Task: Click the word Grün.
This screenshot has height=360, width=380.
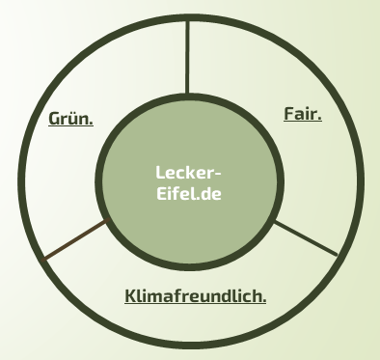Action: point(70,119)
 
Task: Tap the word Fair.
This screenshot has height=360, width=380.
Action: point(303,114)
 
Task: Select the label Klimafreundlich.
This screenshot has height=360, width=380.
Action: point(196,295)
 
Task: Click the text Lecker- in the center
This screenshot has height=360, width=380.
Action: point(188,173)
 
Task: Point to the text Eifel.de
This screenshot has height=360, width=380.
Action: point(189,193)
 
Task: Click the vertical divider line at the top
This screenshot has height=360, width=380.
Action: point(187,57)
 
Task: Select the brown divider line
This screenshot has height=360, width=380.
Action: point(76,239)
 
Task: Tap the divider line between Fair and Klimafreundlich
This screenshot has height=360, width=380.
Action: point(305,238)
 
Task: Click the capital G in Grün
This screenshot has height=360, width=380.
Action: point(54,119)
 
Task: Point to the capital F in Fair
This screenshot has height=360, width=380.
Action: point(289,114)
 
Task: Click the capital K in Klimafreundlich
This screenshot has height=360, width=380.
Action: point(131,296)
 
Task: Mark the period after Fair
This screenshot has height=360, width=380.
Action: point(319,119)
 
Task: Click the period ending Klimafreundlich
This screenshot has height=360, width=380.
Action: point(264,301)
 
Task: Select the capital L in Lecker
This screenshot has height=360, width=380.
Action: point(160,173)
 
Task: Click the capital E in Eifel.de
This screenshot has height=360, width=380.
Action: point(161,193)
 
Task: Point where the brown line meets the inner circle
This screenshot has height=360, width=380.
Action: point(109,219)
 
